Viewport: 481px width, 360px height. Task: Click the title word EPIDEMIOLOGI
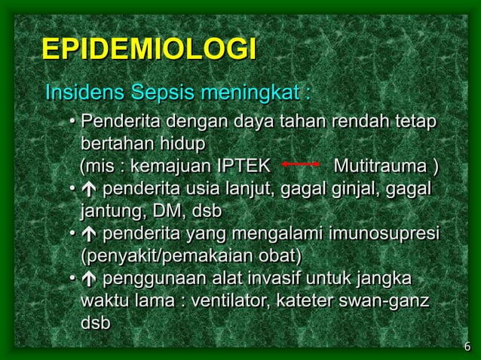(149, 50)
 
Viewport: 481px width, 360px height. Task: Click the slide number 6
(467, 346)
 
